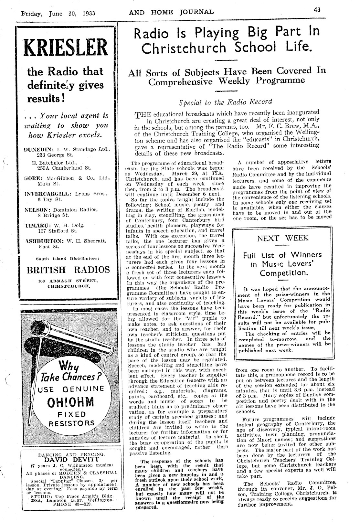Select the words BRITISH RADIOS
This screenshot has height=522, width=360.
click(68, 270)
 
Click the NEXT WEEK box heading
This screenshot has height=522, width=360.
click(283, 239)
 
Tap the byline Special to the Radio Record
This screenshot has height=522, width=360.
click(225, 102)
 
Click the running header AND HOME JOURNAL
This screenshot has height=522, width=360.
click(171, 13)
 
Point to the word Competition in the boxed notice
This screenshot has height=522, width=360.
click(282, 273)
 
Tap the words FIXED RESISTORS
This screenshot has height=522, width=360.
click(71, 419)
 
